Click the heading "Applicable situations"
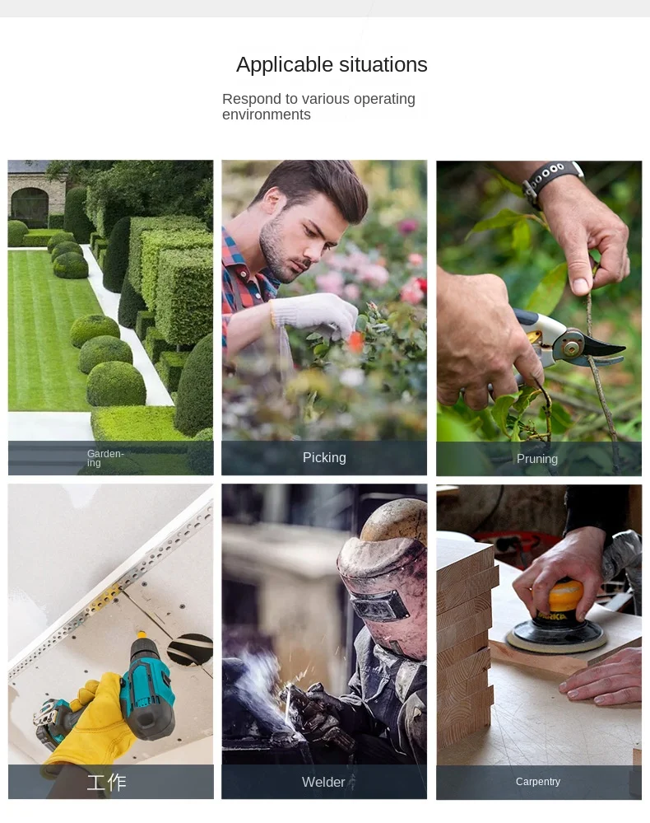332,65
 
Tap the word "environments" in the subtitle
267,115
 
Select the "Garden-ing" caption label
104,458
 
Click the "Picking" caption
324,458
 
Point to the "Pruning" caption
536,459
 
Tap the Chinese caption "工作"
106,782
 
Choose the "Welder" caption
323,782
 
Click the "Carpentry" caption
538,782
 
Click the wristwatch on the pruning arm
551,181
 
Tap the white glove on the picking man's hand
313,315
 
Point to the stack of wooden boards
465,640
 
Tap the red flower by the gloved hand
355,342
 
